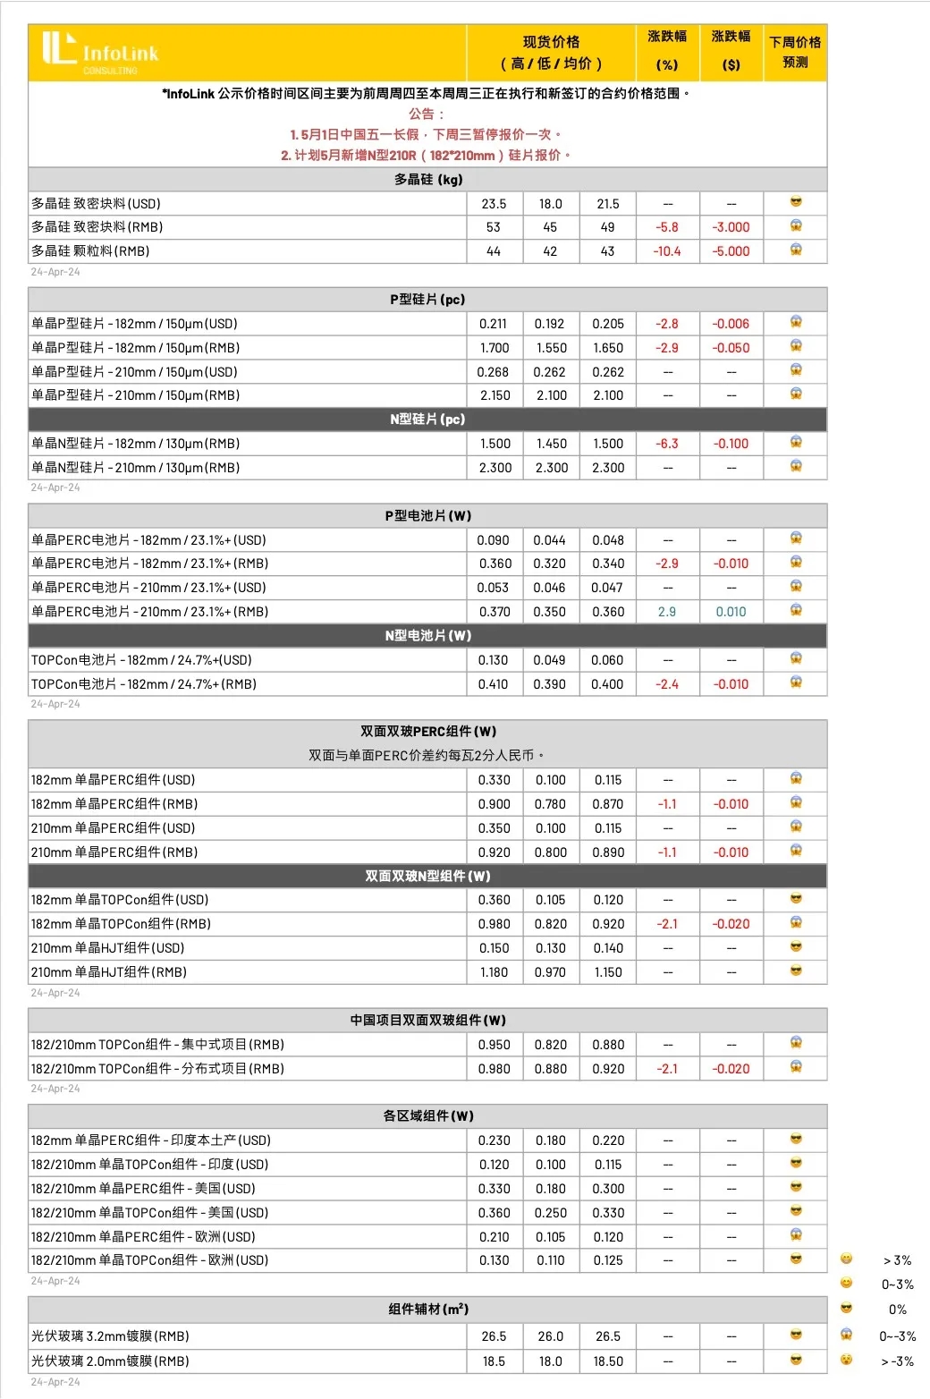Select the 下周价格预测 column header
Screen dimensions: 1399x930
click(795, 52)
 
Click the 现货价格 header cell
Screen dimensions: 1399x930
click(551, 52)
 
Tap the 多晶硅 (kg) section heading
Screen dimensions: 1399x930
click(427, 179)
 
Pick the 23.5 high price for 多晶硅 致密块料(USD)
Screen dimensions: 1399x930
click(494, 204)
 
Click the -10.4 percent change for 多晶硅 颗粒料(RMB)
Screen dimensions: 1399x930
click(667, 251)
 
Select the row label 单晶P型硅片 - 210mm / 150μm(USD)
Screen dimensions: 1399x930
click(135, 372)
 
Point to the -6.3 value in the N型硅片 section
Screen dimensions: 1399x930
click(667, 444)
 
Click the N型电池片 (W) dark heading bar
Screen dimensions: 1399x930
click(427, 635)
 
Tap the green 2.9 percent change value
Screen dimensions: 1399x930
click(667, 612)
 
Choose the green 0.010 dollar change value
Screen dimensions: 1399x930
click(731, 612)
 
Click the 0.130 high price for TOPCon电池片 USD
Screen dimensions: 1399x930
click(493, 660)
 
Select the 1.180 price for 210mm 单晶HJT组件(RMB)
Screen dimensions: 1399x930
click(494, 972)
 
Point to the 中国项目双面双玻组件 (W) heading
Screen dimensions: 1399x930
click(427, 1020)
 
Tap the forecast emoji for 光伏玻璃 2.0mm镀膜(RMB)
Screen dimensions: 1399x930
click(795, 1361)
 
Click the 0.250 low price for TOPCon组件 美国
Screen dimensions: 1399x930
click(551, 1213)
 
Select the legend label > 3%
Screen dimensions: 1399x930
click(897, 1260)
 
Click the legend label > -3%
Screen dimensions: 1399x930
click(897, 1361)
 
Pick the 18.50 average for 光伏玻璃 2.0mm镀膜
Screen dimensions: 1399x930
click(608, 1361)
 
